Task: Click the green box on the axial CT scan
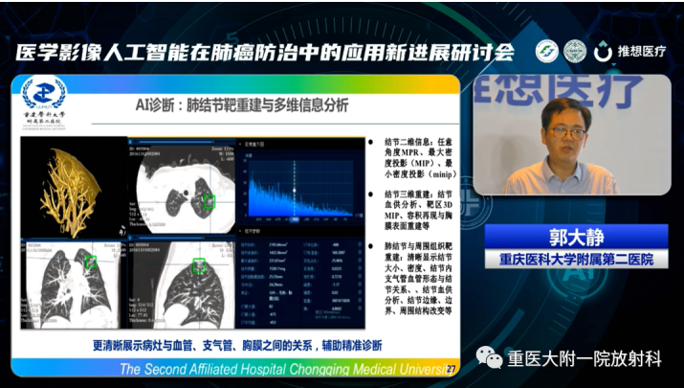pyautogui.click(x=210, y=200)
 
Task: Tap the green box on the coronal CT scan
pyautogui.click(x=90, y=261)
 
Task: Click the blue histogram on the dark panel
pyautogui.click(x=297, y=195)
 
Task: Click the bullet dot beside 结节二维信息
pyautogui.click(x=374, y=144)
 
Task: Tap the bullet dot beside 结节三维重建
pyautogui.click(x=374, y=194)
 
